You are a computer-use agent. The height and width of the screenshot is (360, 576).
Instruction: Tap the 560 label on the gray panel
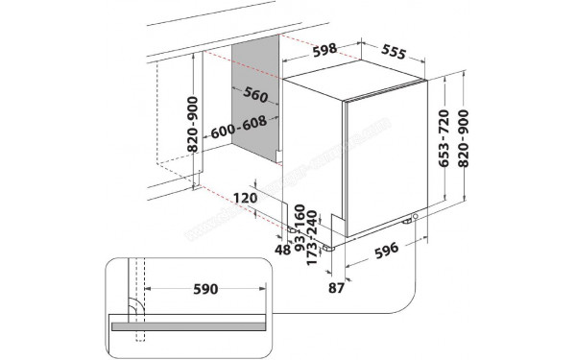254,95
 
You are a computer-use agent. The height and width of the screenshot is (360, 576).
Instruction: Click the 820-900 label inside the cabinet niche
194,127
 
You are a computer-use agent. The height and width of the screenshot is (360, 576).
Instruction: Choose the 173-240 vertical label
314,234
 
